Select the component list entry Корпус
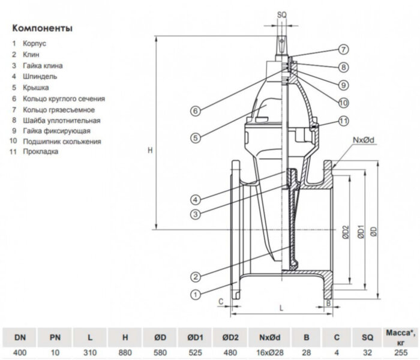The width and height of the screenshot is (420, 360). click(x=34, y=44)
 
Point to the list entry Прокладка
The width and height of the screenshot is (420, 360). click(x=40, y=152)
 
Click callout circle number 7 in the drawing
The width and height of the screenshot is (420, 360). click(x=343, y=50)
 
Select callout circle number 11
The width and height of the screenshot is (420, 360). click(x=343, y=121)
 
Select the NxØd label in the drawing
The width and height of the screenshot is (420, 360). click(x=364, y=140)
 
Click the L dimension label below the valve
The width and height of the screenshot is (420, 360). click(x=281, y=307)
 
